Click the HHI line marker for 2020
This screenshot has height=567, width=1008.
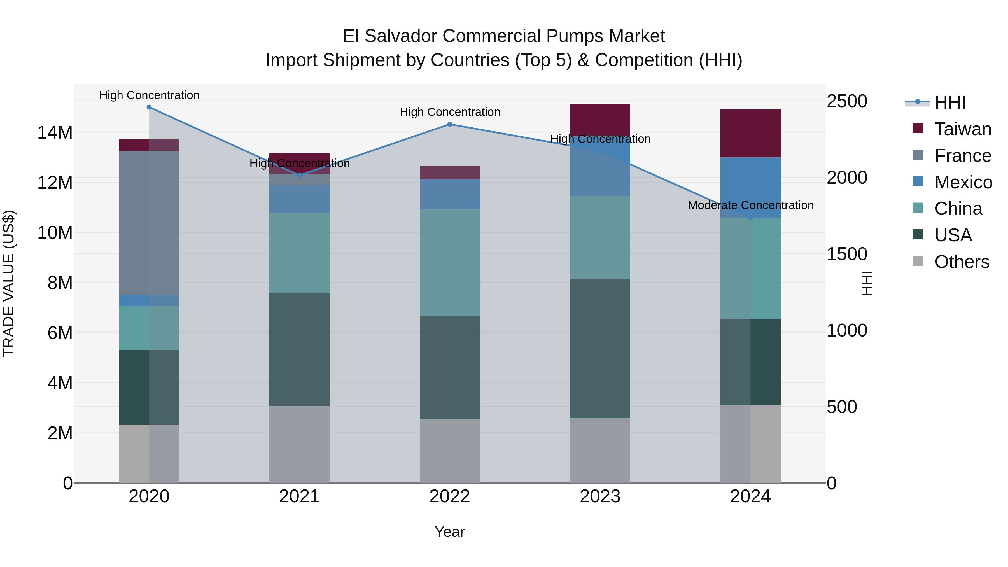click(x=149, y=107)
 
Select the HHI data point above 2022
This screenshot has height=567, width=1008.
click(x=450, y=124)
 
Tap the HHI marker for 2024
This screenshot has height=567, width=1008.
click(x=750, y=218)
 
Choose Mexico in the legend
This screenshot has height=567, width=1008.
click(x=963, y=182)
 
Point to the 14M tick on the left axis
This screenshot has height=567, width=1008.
click(x=55, y=133)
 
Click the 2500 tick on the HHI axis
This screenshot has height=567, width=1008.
click(x=847, y=101)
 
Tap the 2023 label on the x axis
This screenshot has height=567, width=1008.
click(x=600, y=496)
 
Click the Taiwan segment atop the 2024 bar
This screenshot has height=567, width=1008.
click(x=750, y=134)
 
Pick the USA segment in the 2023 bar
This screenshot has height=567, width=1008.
click(x=600, y=348)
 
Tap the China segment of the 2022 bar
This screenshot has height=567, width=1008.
click(x=450, y=262)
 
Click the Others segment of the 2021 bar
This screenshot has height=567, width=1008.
click(x=299, y=444)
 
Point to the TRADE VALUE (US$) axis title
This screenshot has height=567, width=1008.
click(x=9, y=283)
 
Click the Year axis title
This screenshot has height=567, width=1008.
click(x=450, y=532)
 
